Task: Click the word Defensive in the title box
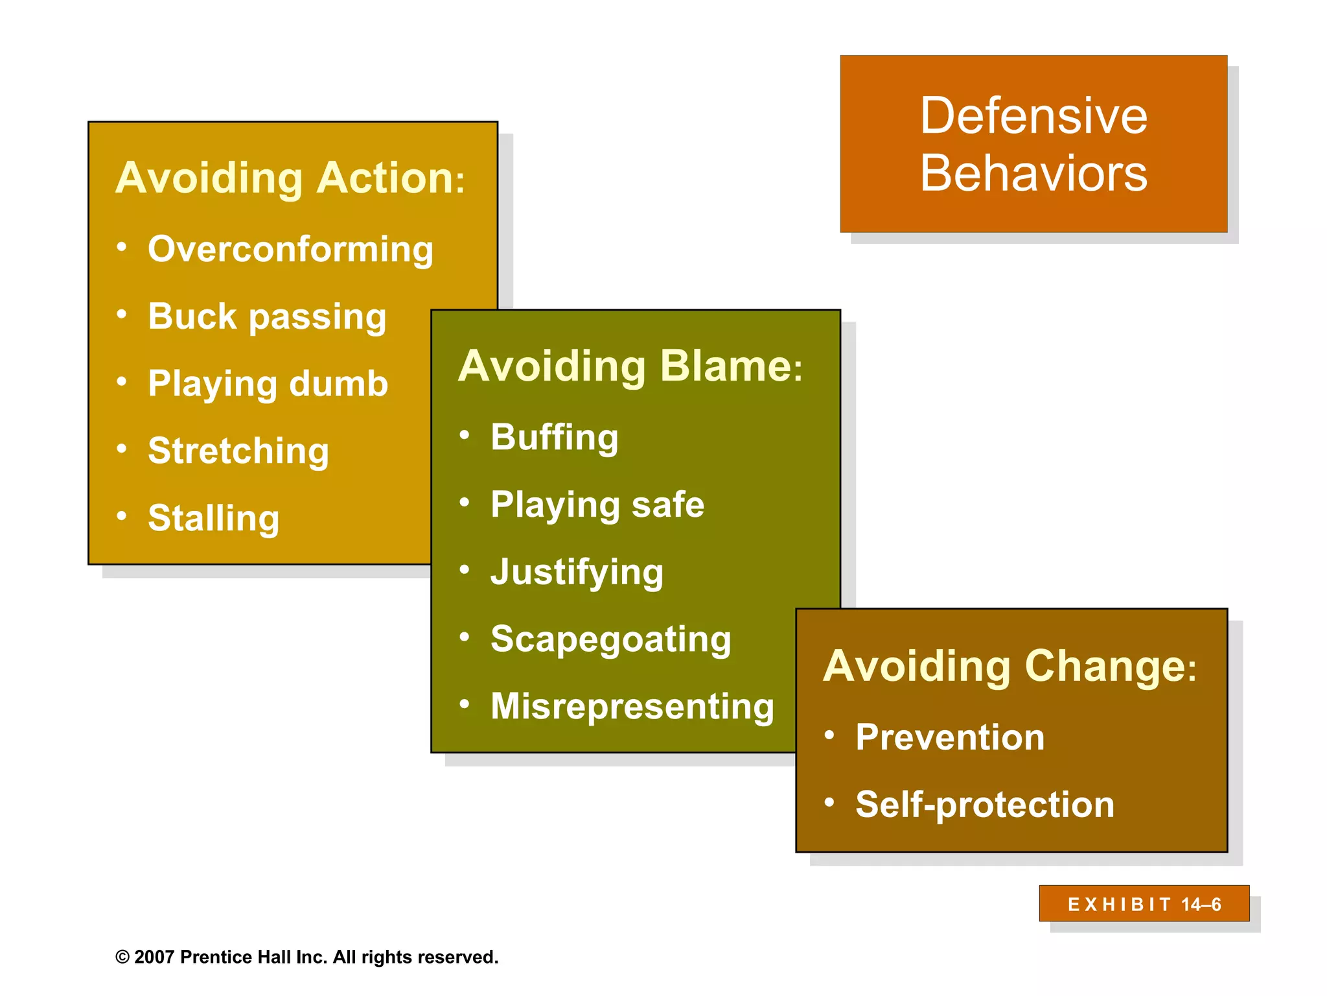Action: tap(1033, 115)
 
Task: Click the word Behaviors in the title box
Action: tap(1033, 174)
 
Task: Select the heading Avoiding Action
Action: tap(290, 178)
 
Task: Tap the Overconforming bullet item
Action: tap(290, 249)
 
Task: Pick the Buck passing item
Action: tap(267, 316)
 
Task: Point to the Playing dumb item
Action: tap(268, 383)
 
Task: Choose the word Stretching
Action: tap(238, 451)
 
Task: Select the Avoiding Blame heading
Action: tap(630, 366)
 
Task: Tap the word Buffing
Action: tap(555, 437)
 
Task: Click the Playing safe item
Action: tap(597, 504)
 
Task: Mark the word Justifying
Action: tap(577, 572)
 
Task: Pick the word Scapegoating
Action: tap(610, 639)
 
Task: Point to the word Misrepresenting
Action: tap(632, 706)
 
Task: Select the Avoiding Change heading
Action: tap(1010, 666)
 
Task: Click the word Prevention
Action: tap(950, 737)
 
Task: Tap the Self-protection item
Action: tap(984, 805)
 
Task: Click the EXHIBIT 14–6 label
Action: tap(1144, 904)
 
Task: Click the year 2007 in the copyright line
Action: tap(154, 957)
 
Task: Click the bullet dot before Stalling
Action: tap(122, 516)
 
